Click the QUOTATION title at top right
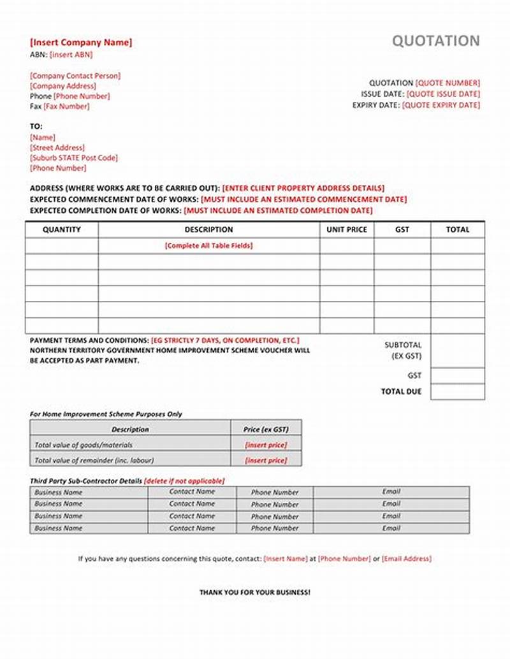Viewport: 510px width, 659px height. pyautogui.click(x=435, y=41)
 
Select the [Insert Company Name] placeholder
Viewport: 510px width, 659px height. pyautogui.click(x=81, y=43)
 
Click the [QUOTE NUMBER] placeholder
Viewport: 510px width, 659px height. pyautogui.click(x=448, y=83)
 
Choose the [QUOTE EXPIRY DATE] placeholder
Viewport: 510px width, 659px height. pyautogui.click(x=441, y=105)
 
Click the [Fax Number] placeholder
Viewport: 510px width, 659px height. pyautogui.click(x=66, y=106)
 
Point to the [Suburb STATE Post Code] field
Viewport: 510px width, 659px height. pyautogui.click(x=74, y=158)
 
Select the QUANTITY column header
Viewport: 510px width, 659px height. pyautogui.click(x=62, y=229)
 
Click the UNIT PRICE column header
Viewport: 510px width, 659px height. pyautogui.click(x=347, y=229)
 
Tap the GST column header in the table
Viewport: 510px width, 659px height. pyautogui.click(x=402, y=229)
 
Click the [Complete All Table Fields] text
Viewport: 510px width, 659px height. pyautogui.click(x=208, y=245)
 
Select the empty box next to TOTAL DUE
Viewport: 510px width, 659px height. pyautogui.click(x=457, y=392)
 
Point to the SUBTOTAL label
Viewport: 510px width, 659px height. pyautogui.click(x=403, y=345)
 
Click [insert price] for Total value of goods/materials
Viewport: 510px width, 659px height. pyautogui.click(x=266, y=445)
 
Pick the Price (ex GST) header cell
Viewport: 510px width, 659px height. pyautogui.click(x=266, y=430)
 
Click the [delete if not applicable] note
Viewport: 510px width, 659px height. pyautogui.click(x=184, y=481)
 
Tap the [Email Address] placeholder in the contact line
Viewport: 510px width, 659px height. pyautogui.click(x=407, y=559)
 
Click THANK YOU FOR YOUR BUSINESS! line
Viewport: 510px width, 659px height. pyautogui.click(x=255, y=593)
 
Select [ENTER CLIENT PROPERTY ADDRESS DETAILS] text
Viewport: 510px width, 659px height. pyautogui.click(x=303, y=189)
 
